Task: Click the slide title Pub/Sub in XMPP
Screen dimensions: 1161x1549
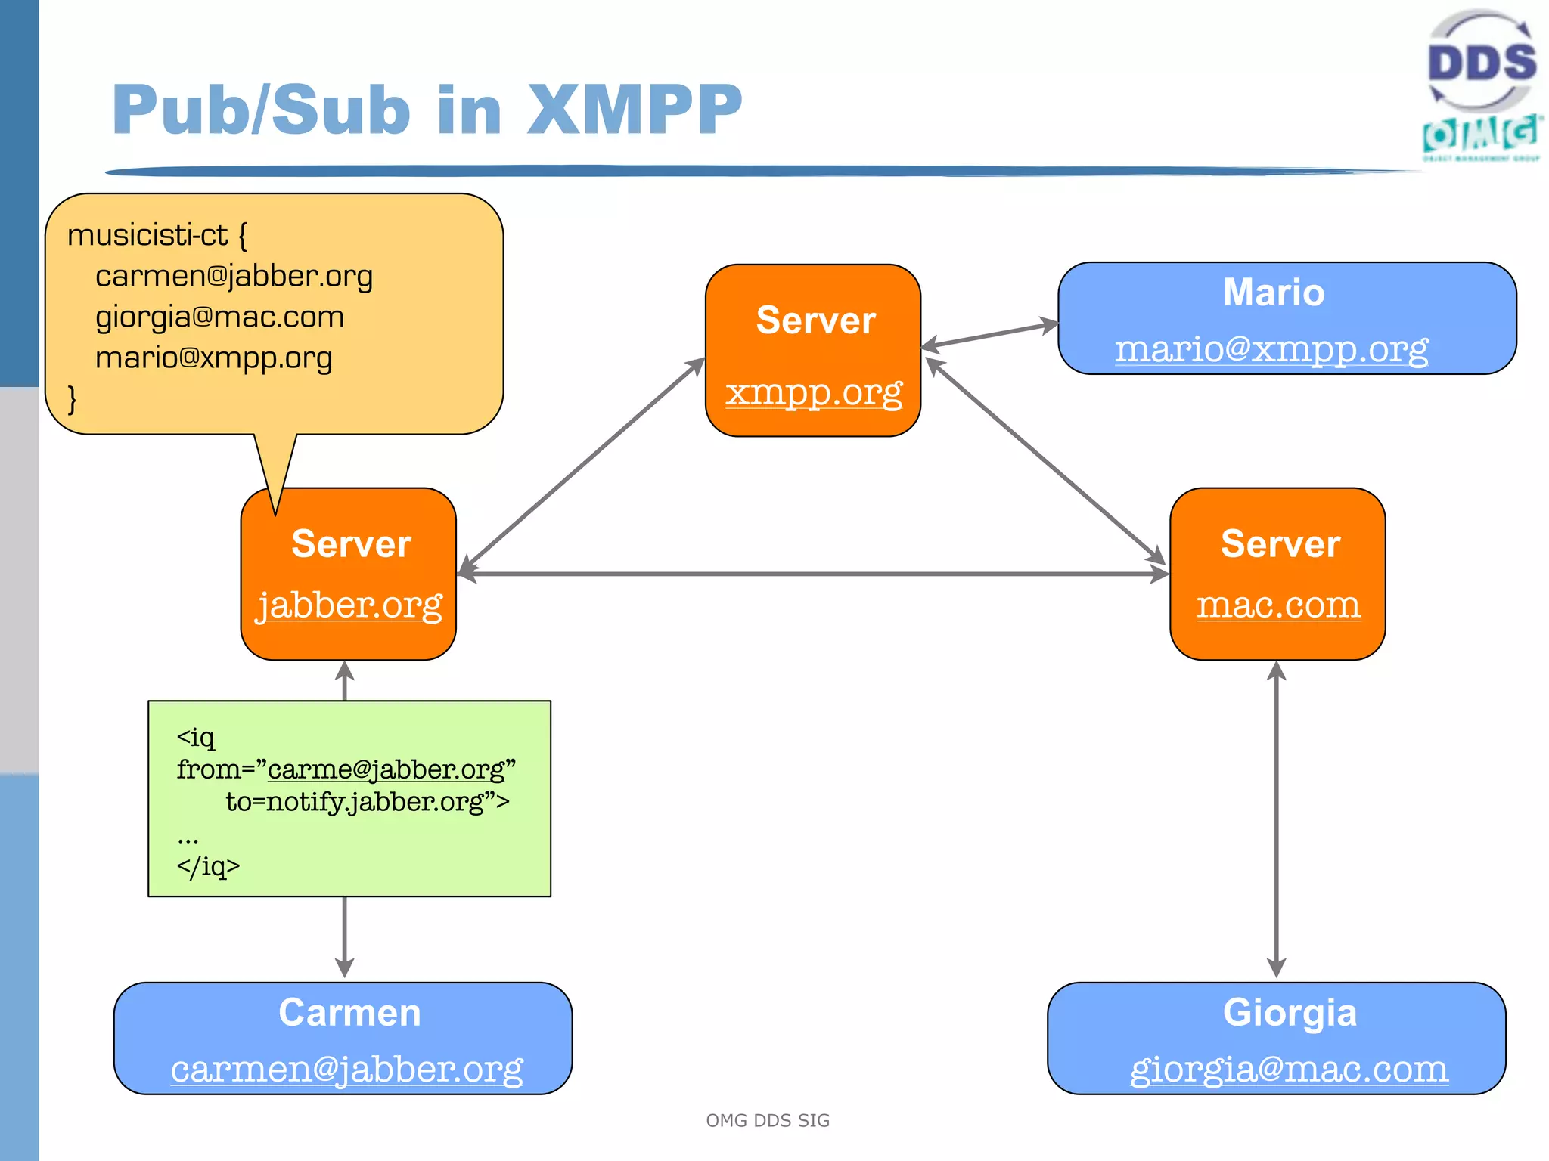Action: (427, 110)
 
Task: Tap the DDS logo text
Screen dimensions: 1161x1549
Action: (1481, 62)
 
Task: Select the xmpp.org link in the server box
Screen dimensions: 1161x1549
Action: (814, 392)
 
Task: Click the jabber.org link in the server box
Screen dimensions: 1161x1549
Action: (349, 605)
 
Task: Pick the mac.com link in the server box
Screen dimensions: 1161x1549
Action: (1278, 604)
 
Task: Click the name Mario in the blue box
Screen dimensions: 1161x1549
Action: (1274, 293)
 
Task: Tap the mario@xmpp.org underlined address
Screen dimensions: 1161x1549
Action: (1271, 348)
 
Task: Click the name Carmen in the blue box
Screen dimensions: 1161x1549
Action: (349, 1012)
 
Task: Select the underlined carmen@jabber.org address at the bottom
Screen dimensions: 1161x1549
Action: (346, 1068)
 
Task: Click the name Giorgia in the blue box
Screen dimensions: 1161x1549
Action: (1290, 1012)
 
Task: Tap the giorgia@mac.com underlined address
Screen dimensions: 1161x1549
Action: (1289, 1068)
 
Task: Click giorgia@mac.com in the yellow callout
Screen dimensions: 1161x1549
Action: (219, 317)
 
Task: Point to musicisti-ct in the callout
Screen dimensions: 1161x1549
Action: (147, 235)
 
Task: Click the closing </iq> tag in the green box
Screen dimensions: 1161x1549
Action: (208, 866)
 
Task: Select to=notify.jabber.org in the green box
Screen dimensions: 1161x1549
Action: (367, 801)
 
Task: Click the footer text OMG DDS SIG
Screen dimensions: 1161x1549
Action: (768, 1120)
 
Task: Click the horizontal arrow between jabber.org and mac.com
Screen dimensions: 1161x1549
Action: (813, 574)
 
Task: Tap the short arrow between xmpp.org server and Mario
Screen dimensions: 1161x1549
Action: (989, 336)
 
